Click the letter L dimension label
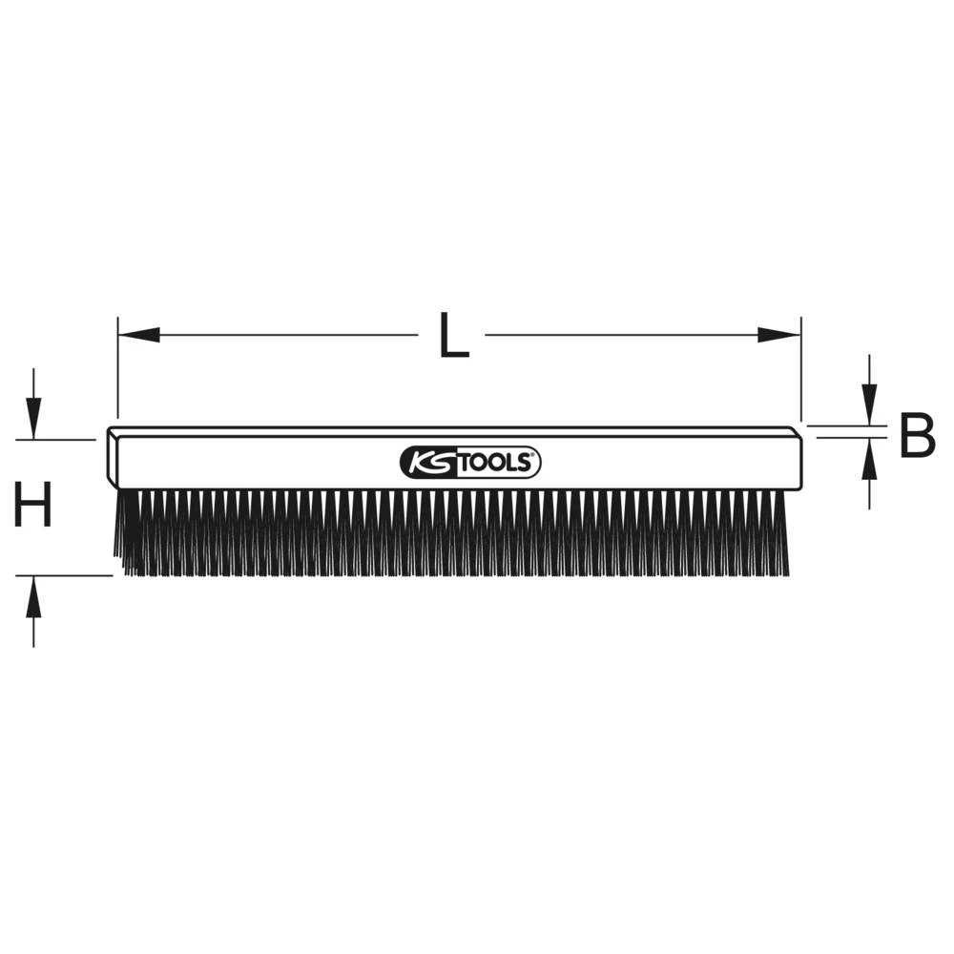pyautogui.click(x=453, y=336)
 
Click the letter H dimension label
pyautogui.click(x=33, y=506)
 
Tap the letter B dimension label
pyautogui.click(x=917, y=437)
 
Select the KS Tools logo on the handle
pyautogui.click(x=469, y=463)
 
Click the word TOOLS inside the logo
pyautogui.click(x=493, y=464)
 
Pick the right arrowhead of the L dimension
pyautogui.click(x=779, y=335)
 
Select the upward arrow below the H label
pyautogui.click(x=33, y=599)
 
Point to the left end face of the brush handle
pyautogui.click(x=113, y=458)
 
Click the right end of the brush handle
pyautogui.click(x=798, y=460)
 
